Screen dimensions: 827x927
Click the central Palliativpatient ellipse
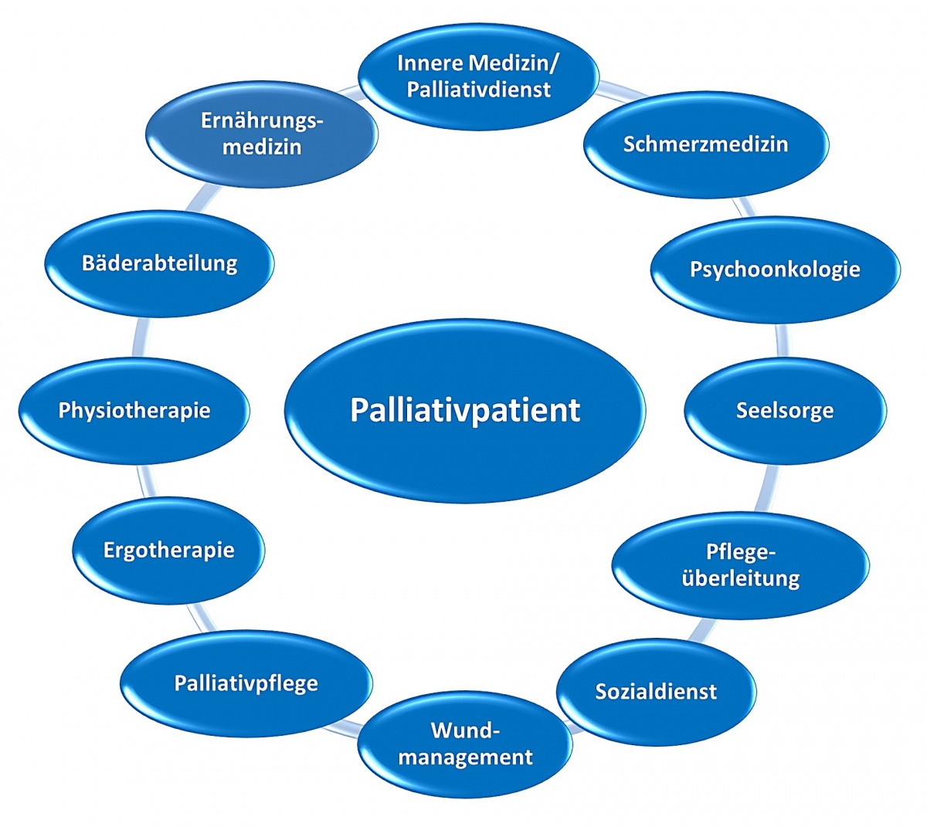464,410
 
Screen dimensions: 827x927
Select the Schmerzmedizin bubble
705,144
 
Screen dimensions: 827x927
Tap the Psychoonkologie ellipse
775,269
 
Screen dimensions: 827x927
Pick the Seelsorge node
785,410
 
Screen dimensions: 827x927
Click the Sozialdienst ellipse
656,691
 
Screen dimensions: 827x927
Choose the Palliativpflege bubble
246,683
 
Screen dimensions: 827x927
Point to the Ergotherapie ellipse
168,551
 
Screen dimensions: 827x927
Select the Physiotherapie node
134,410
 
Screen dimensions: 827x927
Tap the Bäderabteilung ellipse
159,263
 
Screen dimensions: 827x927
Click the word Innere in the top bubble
430,63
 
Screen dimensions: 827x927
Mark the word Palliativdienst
479,90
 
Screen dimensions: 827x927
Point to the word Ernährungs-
262,120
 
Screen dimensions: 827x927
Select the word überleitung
740,578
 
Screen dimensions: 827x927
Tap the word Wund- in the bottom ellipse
466,730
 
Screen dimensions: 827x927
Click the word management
466,757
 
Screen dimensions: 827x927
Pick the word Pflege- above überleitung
740,552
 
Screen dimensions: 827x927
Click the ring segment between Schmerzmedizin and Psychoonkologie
743,207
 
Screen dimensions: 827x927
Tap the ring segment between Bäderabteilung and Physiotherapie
138,337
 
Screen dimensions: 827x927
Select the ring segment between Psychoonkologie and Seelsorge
782,341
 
